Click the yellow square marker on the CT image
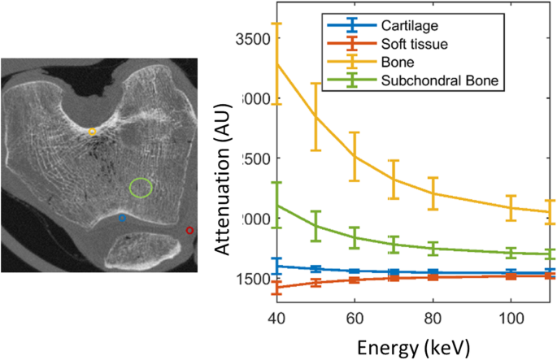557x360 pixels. (92, 132)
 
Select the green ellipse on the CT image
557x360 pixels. (141, 188)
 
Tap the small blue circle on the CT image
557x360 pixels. (123, 218)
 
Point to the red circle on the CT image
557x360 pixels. (190, 231)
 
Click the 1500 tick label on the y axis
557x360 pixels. (254, 279)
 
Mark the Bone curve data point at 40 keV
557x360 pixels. (276, 63)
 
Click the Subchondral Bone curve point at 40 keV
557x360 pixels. (276, 205)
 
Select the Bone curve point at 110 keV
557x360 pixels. (550, 212)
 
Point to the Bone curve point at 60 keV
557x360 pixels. (355, 156)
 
